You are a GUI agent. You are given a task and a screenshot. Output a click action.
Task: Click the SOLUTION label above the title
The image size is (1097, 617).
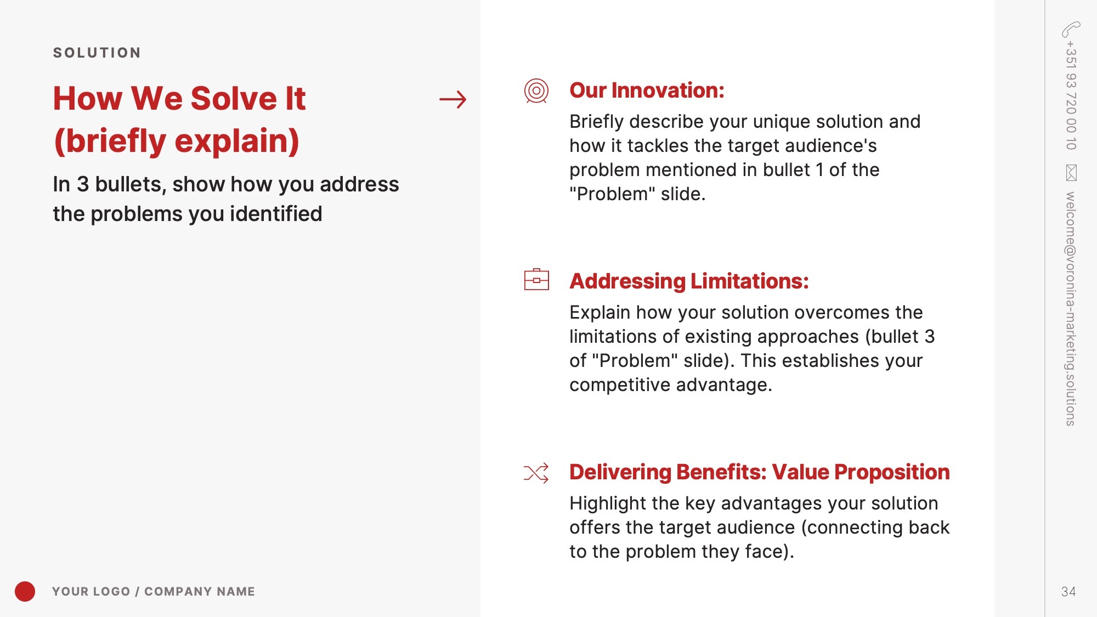point(97,53)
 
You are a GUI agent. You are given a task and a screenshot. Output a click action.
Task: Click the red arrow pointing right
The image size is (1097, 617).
point(453,99)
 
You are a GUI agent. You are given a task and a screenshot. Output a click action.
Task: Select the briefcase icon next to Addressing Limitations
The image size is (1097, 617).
point(536,279)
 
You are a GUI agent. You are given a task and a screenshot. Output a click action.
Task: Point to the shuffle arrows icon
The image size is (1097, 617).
point(536,473)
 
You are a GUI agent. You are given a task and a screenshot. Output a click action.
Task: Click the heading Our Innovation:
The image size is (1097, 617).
point(647,90)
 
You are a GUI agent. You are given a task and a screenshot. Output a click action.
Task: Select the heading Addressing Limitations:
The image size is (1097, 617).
point(689,281)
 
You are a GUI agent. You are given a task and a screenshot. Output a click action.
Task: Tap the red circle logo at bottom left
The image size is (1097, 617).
point(25,591)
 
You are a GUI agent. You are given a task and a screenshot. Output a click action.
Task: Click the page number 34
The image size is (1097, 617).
point(1068,591)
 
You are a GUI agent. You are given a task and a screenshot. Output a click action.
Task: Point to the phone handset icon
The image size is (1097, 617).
point(1071,30)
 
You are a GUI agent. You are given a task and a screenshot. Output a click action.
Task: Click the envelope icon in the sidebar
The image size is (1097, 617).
point(1071,173)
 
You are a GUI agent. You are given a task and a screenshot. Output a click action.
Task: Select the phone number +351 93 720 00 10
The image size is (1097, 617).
point(1071,95)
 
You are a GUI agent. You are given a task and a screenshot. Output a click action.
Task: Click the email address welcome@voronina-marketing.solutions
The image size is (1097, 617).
point(1071,309)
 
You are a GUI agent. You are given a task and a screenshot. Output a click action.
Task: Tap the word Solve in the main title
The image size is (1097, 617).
point(234,99)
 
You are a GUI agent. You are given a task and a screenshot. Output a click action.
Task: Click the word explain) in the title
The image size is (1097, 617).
point(237,141)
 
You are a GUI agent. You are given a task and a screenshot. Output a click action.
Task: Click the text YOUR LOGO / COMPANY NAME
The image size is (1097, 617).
point(154,591)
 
